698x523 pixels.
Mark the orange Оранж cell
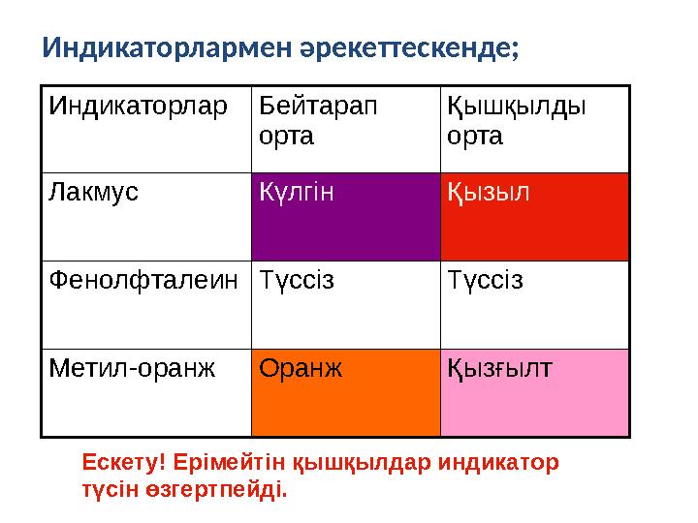click(x=345, y=392)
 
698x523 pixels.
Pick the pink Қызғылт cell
click(x=534, y=392)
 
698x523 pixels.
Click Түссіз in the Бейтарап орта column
click(x=296, y=281)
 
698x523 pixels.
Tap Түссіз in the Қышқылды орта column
click(x=485, y=281)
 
